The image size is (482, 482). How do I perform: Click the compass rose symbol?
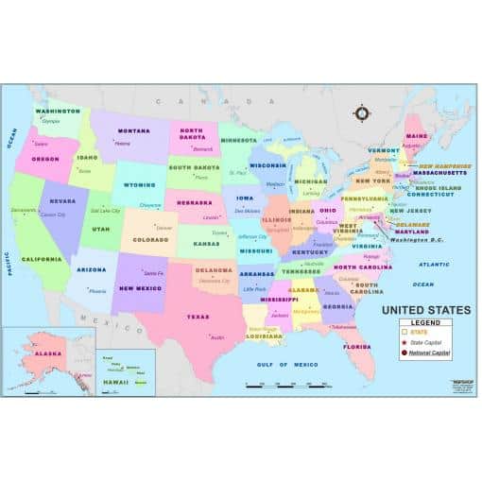point(361,113)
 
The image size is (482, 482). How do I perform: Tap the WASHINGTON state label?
point(58,111)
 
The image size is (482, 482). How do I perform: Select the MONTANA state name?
point(133,130)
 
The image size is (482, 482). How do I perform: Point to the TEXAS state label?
point(198,317)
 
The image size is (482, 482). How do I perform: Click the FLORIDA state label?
point(357,347)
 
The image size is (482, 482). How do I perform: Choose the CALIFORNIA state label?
point(42,259)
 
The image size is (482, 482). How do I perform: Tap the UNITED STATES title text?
point(425,309)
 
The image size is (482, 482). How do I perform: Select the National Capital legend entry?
point(430,353)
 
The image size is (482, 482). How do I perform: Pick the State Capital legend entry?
point(425,342)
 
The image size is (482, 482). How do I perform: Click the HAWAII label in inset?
point(114,382)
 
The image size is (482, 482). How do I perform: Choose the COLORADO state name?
point(152,239)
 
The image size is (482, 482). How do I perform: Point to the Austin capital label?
point(216,336)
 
